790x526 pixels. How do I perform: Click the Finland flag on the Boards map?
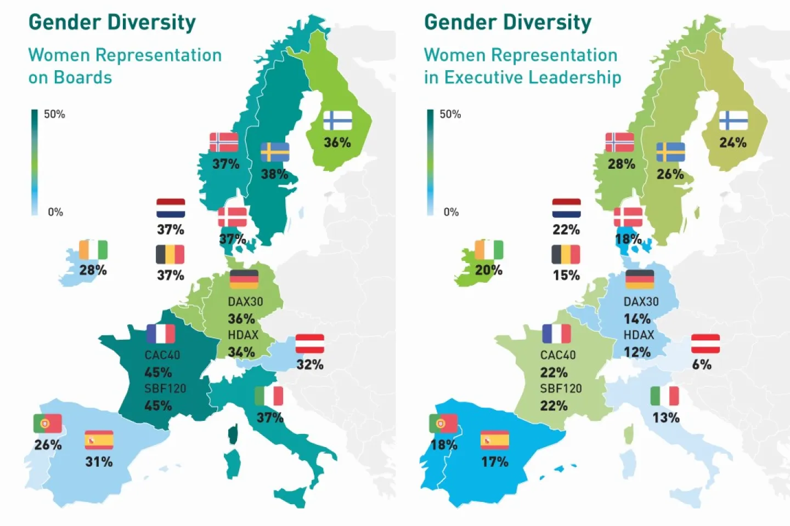337,121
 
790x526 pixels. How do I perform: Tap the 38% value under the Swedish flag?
274,174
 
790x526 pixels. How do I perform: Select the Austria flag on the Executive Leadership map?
706,344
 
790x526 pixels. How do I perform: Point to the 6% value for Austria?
702,364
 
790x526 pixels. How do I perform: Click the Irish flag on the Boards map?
93,250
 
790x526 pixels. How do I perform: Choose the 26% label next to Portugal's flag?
48,444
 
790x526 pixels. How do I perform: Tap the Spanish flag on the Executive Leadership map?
495,440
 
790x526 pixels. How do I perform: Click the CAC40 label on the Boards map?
162,355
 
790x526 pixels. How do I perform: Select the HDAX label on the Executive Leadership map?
639,335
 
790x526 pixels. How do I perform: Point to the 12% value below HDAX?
637,352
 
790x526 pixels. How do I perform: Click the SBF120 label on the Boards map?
165,388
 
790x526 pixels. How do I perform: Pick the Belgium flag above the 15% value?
566,254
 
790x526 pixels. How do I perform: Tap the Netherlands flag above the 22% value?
566,208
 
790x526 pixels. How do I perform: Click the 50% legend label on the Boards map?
54,114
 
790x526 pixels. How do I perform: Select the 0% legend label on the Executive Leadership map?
451,212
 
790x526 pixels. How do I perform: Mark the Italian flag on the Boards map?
269,396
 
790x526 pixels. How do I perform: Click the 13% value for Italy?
665,418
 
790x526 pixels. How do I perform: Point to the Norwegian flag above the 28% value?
620,142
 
